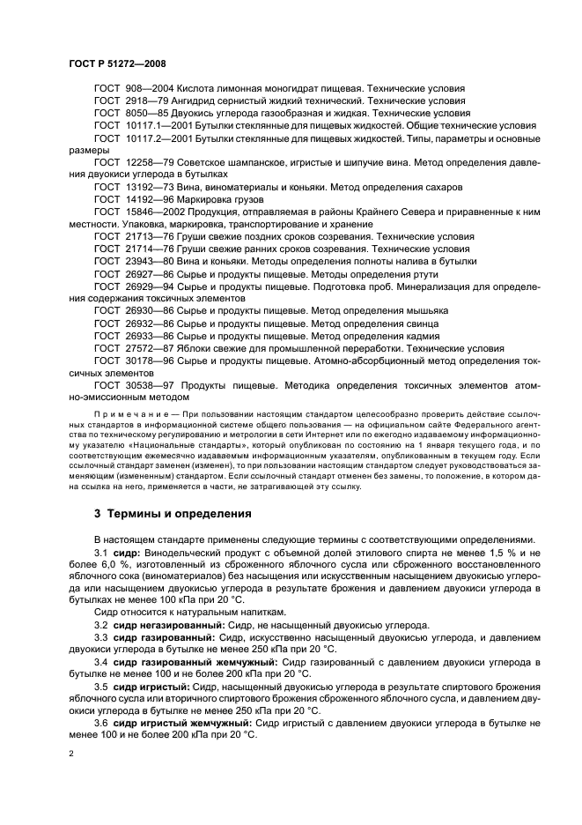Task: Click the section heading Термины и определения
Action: [x=175, y=513]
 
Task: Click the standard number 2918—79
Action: [x=144, y=101]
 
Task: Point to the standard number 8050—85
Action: [x=144, y=114]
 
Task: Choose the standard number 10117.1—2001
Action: [x=156, y=126]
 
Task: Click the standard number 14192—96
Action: [x=148, y=200]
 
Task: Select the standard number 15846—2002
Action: [x=154, y=212]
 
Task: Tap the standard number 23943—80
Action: [x=148, y=262]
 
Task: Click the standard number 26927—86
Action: [x=148, y=274]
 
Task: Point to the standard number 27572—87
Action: [x=148, y=348]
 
